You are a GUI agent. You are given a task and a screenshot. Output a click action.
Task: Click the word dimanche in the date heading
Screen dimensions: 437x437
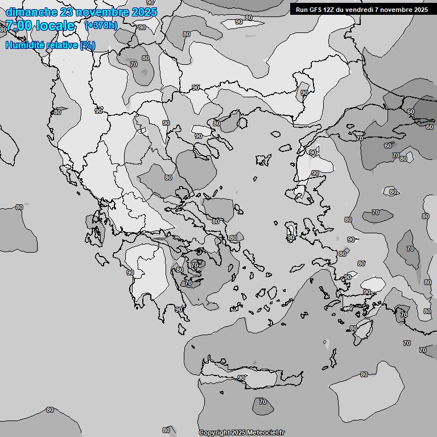[31, 12]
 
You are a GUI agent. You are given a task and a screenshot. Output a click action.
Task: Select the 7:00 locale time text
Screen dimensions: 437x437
[40, 26]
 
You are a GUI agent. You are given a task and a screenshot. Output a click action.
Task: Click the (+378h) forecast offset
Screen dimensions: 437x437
[101, 26]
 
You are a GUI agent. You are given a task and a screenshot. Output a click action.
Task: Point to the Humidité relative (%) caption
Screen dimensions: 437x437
[50, 46]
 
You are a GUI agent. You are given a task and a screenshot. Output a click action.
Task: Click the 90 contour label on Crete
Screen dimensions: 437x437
[241, 378]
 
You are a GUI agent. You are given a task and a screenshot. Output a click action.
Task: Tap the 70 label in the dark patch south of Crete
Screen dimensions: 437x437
[262, 402]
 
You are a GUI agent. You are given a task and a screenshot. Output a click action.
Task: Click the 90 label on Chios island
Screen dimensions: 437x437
[291, 238]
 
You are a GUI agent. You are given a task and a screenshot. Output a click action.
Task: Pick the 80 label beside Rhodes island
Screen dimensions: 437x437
[353, 329]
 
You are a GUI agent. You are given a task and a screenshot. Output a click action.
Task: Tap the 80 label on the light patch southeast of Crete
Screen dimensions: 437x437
[364, 374]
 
